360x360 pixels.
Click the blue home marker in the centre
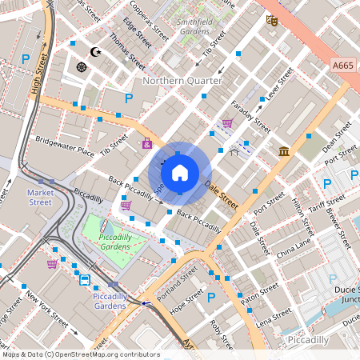point(180,172)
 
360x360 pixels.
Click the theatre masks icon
point(273,22)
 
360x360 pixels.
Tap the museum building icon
point(284,151)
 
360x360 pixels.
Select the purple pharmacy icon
point(146,144)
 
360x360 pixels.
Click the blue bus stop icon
point(84,279)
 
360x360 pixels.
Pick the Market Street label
point(40,198)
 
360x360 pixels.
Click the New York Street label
point(48,307)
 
